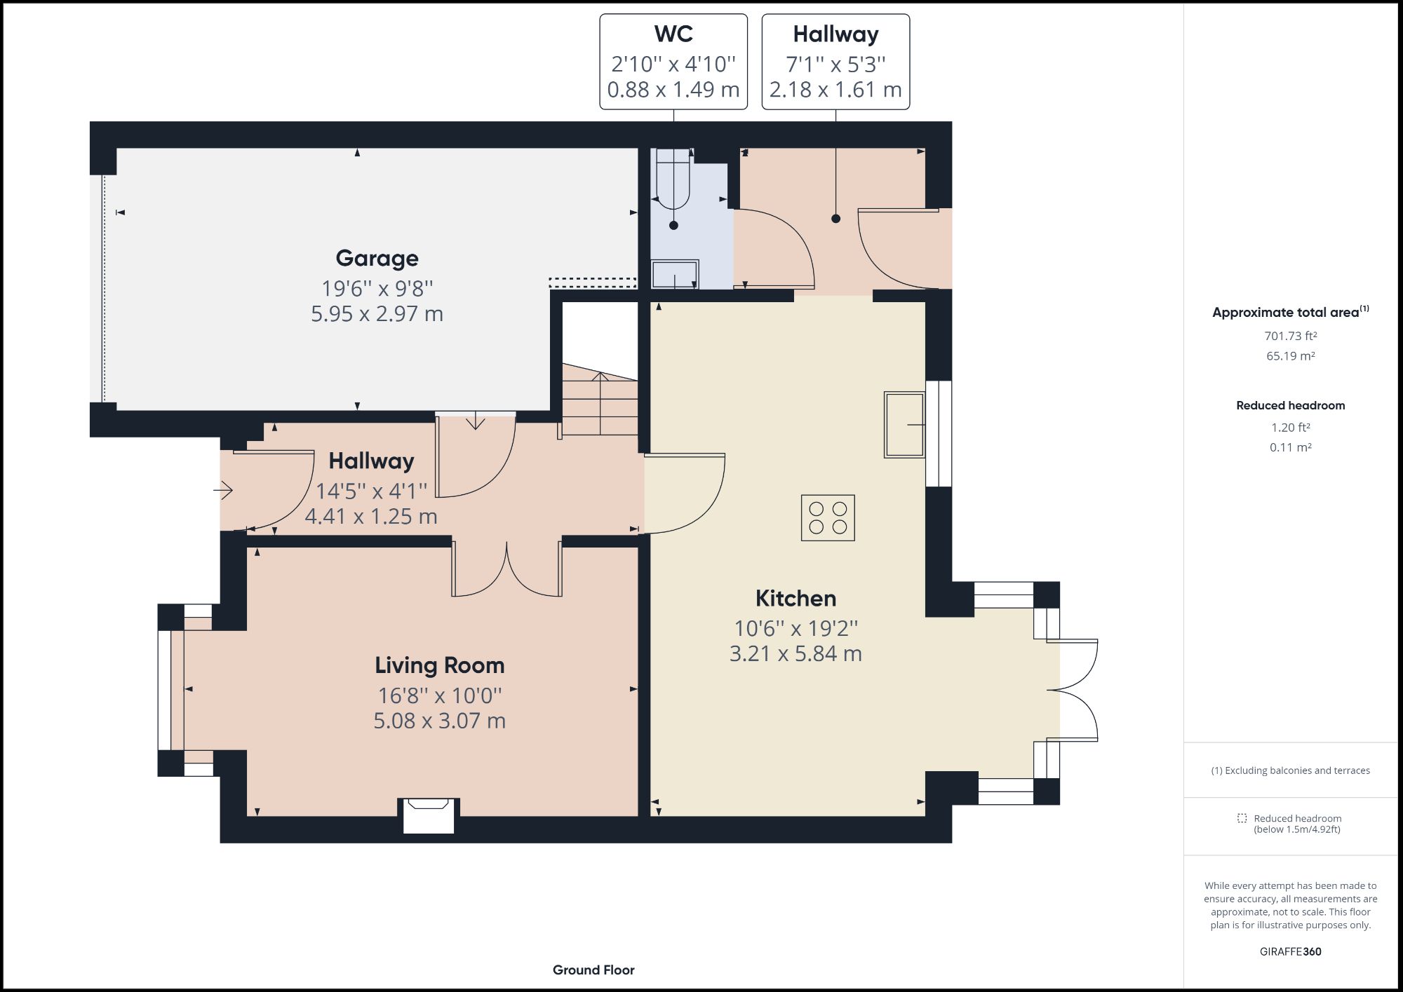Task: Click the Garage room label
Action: click(377, 258)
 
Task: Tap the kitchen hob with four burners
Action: click(828, 518)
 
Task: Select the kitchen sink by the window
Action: click(904, 425)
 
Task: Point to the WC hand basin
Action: click(675, 274)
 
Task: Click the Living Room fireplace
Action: click(429, 816)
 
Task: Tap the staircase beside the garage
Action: click(600, 403)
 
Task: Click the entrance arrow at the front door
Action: click(223, 490)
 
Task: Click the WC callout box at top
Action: click(673, 62)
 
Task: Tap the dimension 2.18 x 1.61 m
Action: click(835, 90)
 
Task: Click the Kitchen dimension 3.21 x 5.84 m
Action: click(796, 653)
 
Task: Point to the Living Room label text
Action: click(439, 665)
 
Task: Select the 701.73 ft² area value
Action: click(1290, 336)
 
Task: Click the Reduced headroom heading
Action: click(1290, 405)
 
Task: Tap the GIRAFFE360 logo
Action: click(1290, 951)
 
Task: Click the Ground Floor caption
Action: click(593, 970)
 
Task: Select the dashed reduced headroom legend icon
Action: click(1242, 818)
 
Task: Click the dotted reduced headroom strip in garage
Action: click(592, 282)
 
